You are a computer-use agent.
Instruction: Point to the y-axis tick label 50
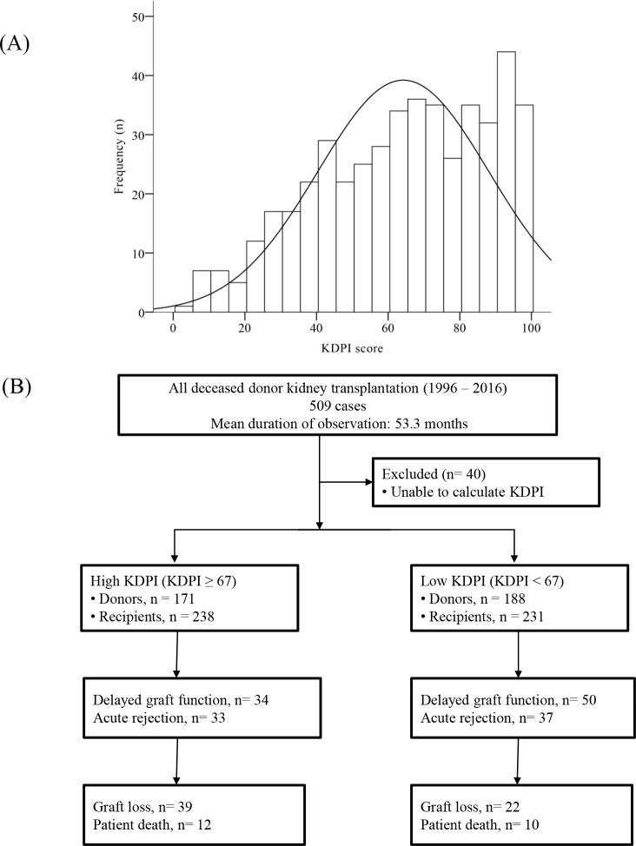pyautogui.click(x=136, y=17)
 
